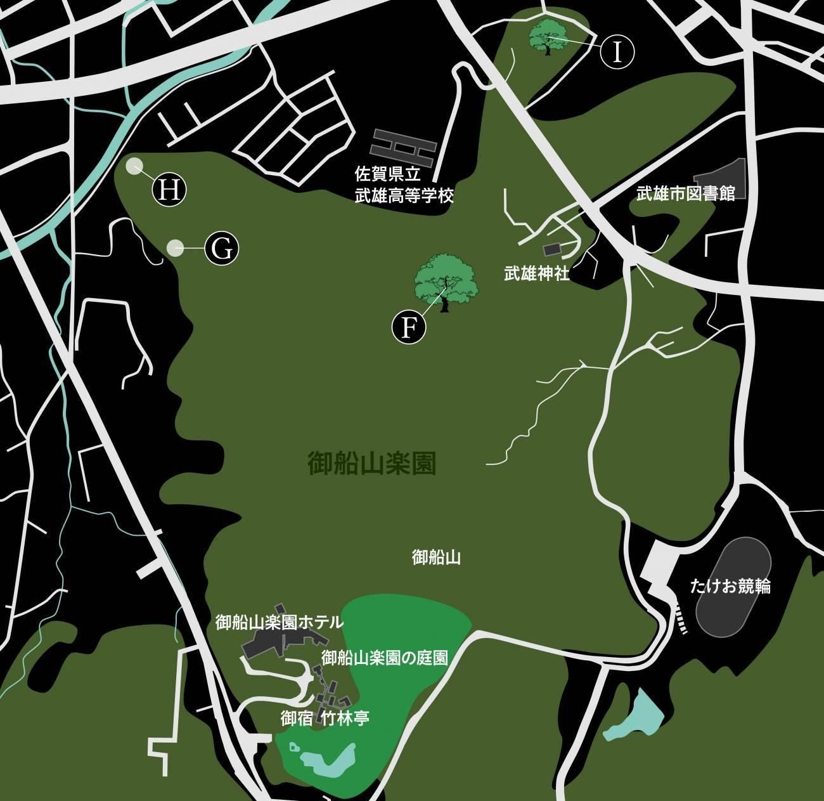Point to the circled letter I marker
click(x=617, y=51)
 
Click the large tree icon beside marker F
click(x=446, y=283)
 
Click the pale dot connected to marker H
click(x=133, y=166)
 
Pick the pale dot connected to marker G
click(x=174, y=247)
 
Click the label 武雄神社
click(x=537, y=275)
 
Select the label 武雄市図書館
click(x=686, y=193)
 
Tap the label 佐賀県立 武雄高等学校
click(x=404, y=184)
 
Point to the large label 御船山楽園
click(x=371, y=464)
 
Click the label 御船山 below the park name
click(x=435, y=557)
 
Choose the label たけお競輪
click(x=730, y=587)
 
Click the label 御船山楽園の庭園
click(x=384, y=658)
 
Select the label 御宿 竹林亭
click(x=325, y=719)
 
